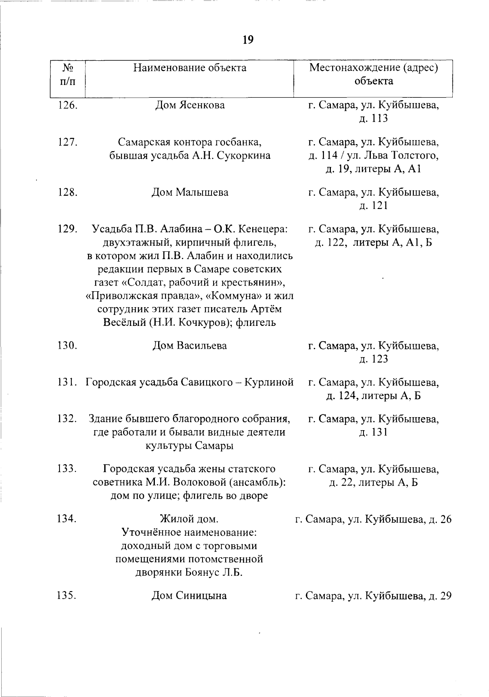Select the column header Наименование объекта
[x=190, y=68]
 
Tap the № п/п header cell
[x=67, y=74]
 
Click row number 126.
[x=67, y=106]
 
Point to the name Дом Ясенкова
[x=190, y=106]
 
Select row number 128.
[x=67, y=192]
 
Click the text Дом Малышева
[x=190, y=192]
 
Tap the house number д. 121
[x=374, y=205]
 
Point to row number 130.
[x=67, y=345]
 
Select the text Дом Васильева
[x=190, y=345]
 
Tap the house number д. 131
[x=374, y=432]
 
